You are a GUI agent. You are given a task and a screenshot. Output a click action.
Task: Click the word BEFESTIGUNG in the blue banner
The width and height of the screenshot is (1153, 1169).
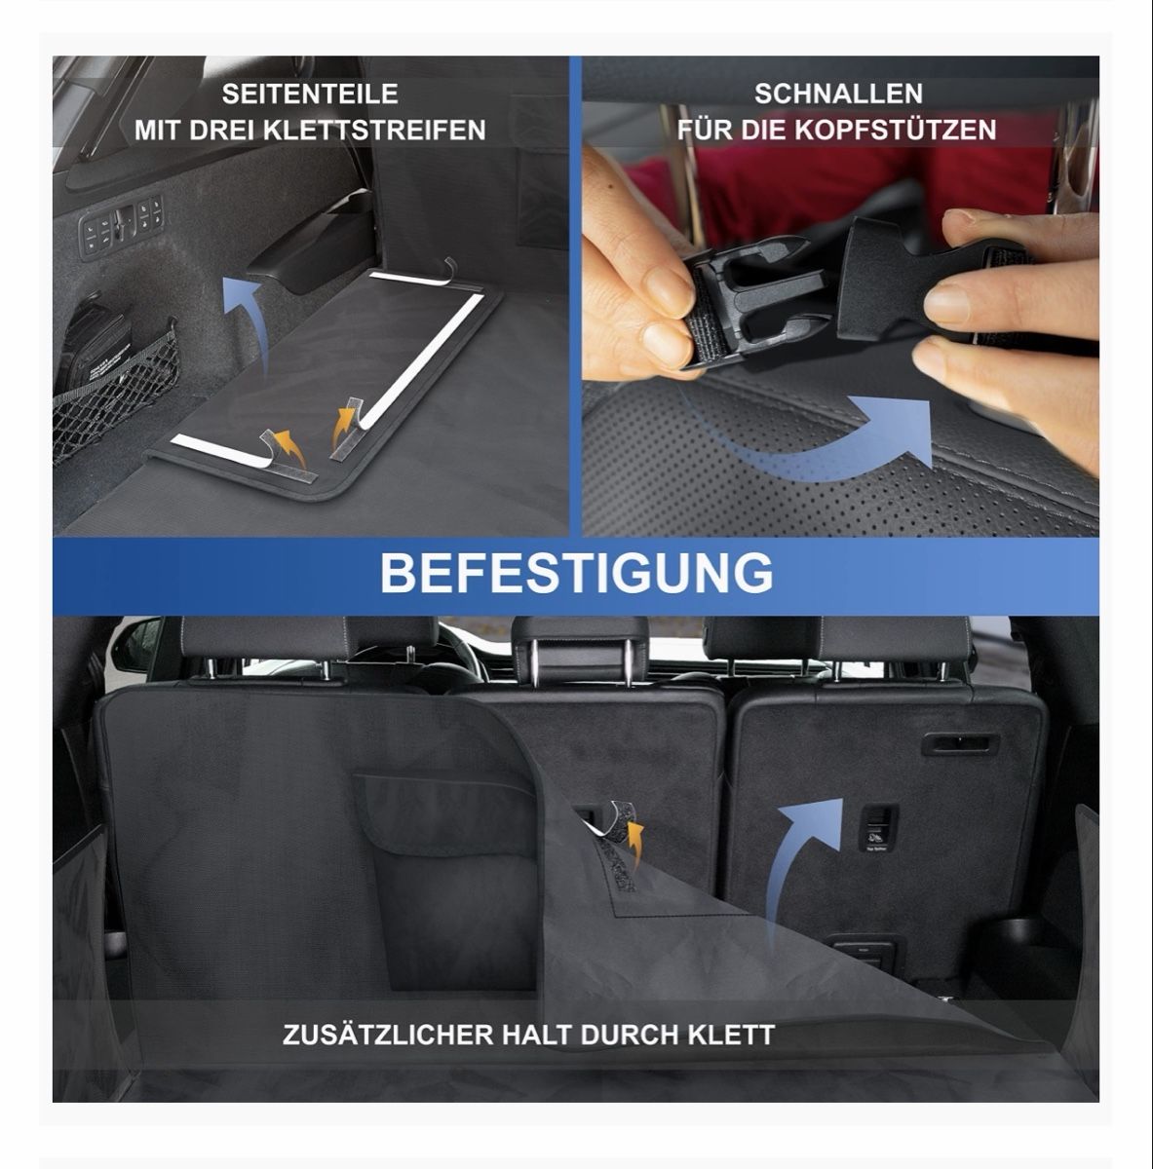coord(576,573)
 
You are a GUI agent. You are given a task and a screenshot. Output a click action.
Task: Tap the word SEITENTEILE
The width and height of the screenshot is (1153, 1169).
coord(310,94)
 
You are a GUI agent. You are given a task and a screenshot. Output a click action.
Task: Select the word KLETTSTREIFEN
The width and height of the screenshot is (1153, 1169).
coord(376,131)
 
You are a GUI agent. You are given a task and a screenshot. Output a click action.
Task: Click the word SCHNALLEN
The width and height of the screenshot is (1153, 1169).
coord(838,94)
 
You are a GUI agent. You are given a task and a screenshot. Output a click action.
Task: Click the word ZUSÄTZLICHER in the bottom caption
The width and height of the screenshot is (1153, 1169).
coord(388,1035)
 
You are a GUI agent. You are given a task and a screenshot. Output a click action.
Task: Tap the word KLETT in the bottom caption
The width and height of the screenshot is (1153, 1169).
coord(731,1036)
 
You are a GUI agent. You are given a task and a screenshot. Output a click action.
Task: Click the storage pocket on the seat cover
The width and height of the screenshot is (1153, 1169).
coord(446,880)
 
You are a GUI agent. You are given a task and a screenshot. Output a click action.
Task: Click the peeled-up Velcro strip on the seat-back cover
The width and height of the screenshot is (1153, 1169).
coord(612,825)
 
